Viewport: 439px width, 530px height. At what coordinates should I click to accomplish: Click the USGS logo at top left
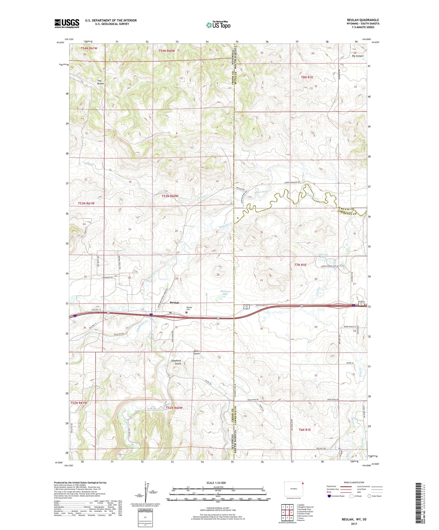click(x=67, y=23)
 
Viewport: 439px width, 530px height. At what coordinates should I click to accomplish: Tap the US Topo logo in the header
click(x=218, y=25)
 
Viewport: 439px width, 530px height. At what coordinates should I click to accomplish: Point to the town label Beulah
click(x=174, y=303)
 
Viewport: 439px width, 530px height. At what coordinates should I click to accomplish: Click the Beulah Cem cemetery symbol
click(x=187, y=312)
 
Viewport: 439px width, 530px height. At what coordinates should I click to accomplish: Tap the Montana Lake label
click(x=224, y=293)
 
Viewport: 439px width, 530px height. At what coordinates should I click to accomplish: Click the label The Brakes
click(x=100, y=82)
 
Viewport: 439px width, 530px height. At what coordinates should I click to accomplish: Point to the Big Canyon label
click(x=358, y=56)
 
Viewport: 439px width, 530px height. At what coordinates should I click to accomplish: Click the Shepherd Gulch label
click(x=176, y=362)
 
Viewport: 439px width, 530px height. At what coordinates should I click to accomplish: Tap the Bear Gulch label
click(x=197, y=352)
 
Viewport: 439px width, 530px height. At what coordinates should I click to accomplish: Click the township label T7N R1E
click(x=300, y=265)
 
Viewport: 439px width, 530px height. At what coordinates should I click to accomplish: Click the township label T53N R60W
click(x=170, y=196)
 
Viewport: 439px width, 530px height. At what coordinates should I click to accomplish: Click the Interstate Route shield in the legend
click(x=329, y=496)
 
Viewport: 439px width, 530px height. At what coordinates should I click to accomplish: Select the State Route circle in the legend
click(x=369, y=496)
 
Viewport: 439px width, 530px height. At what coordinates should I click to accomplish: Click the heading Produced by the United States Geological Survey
click(x=80, y=482)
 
